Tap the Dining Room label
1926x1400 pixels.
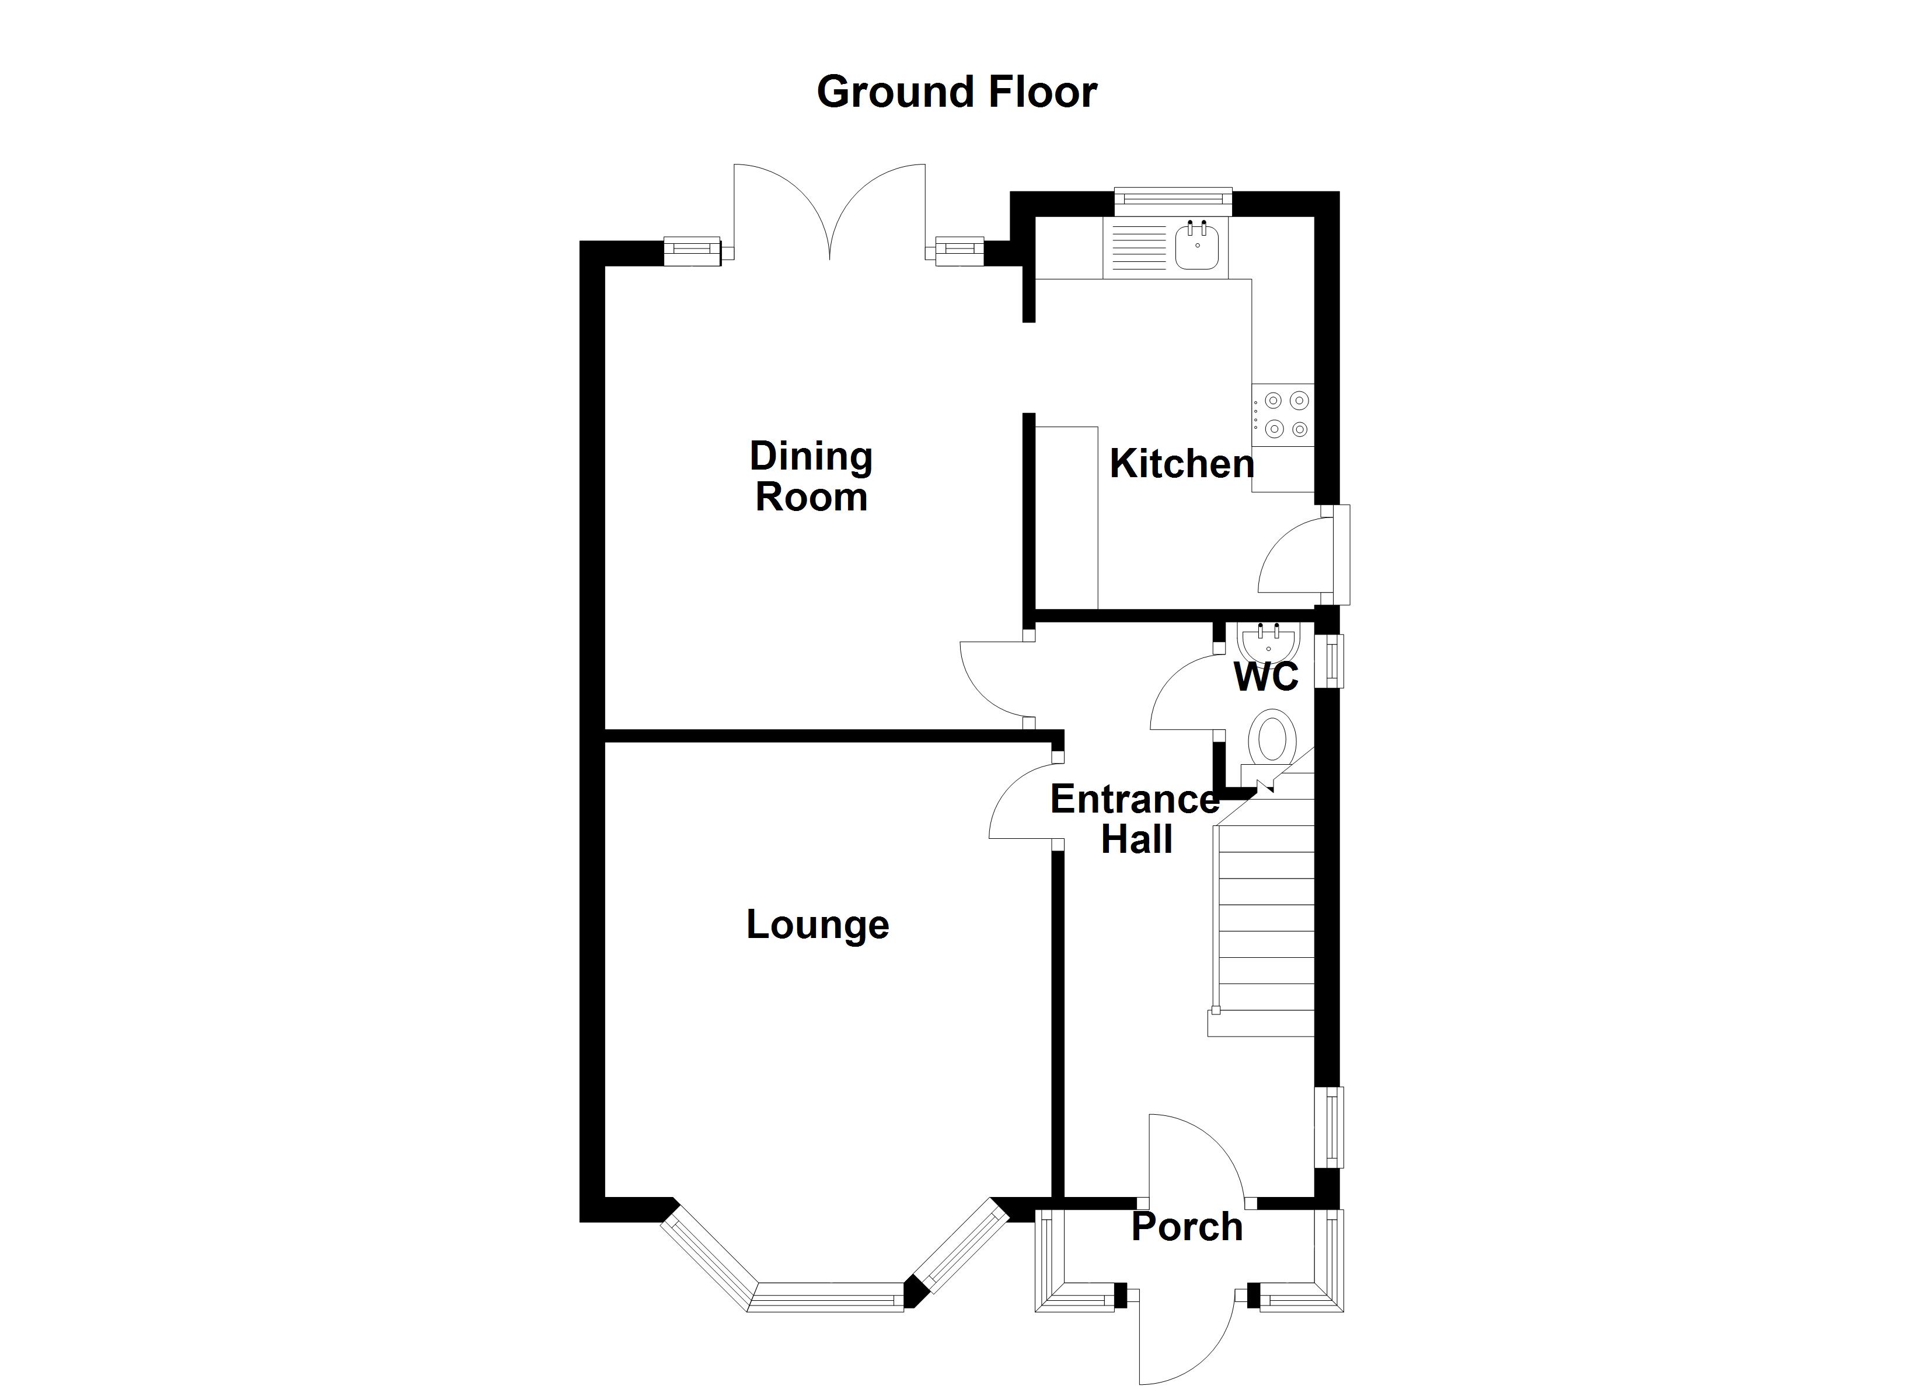coord(811,477)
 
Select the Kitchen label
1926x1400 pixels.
coord(1181,464)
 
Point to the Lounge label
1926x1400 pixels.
coord(817,925)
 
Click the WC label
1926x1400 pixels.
coord(1265,677)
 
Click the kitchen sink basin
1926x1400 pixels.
coord(1198,247)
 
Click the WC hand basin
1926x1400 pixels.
coord(1268,642)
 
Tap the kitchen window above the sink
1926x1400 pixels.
coord(1172,199)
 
